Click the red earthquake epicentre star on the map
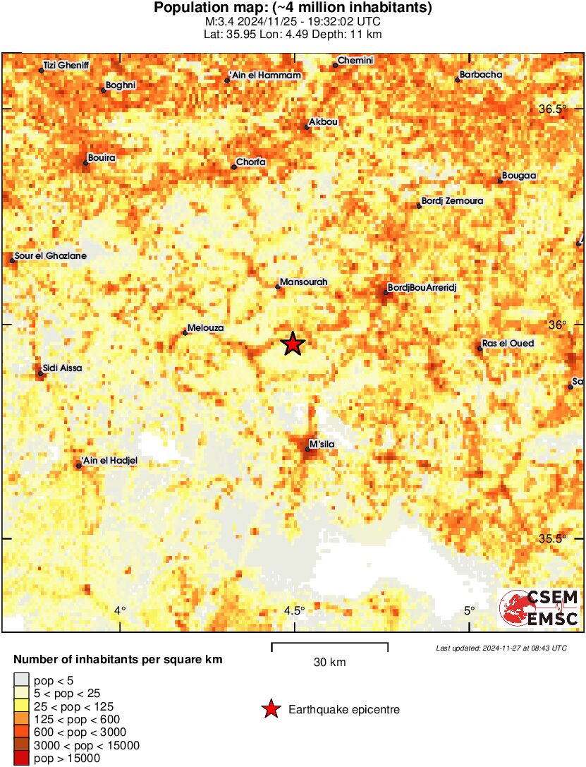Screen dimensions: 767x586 (293, 344)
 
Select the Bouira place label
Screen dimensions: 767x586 (102, 158)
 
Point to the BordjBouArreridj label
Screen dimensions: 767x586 (422, 288)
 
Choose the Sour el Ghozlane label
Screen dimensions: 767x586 (50, 256)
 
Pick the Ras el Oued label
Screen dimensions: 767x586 (508, 344)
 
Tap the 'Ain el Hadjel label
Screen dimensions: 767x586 (109, 461)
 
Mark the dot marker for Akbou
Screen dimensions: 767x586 (307, 127)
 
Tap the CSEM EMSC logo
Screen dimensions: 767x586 (539, 608)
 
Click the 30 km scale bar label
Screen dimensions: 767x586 (329, 663)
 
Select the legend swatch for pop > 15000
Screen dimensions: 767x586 (22, 759)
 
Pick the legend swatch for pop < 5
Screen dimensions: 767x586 (22, 681)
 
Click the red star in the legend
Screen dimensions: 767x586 (271, 710)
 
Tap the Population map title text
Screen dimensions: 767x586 (293, 8)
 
